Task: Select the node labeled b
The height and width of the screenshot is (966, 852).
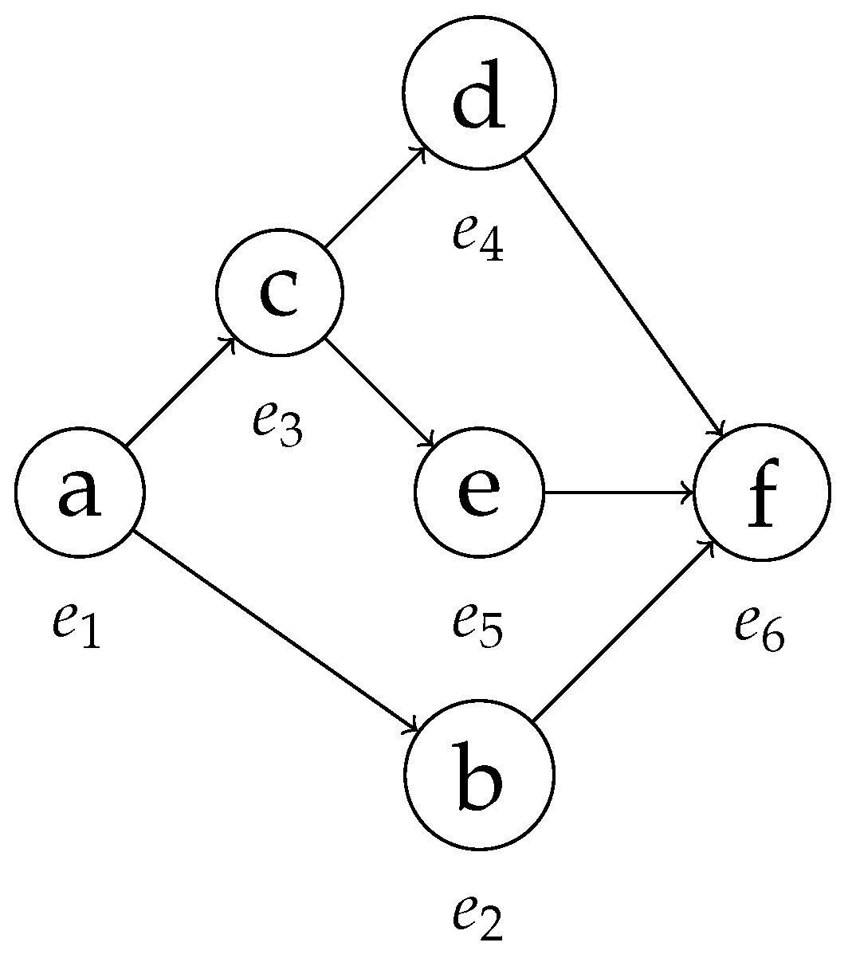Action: click(479, 774)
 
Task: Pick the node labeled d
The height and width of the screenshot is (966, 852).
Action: click(479, 93)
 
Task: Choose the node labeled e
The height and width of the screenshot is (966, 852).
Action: click(479, 492)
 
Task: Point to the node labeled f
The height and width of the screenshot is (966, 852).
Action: click(763, 492)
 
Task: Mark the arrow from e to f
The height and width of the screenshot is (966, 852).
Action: click(618, 492)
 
